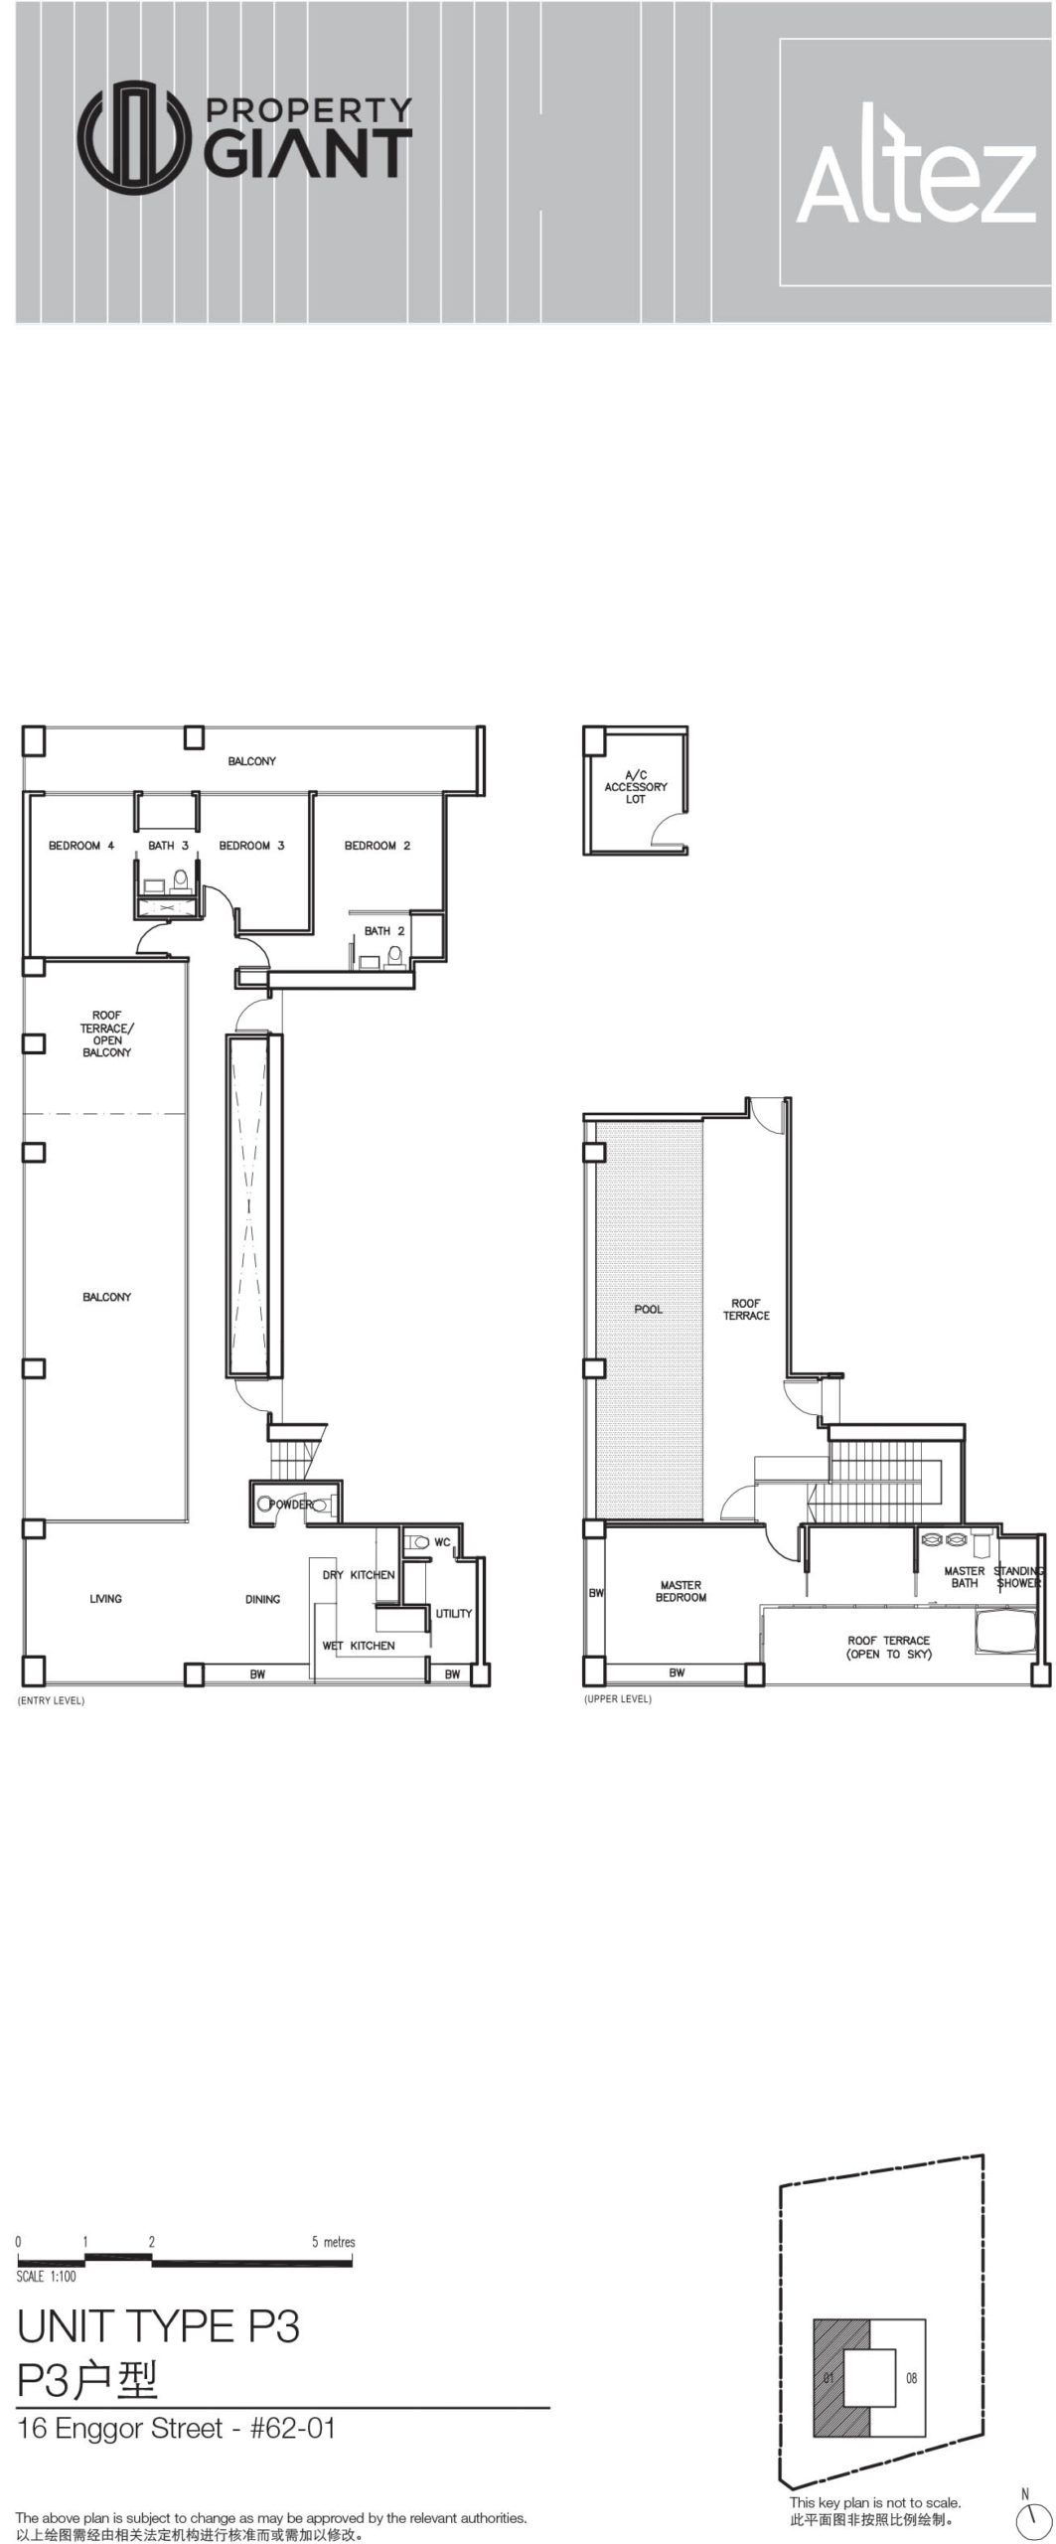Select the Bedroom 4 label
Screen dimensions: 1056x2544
pyautogui.click(x=81, y=846)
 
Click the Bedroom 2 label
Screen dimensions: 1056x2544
pyautogui.click(x=377, y=846)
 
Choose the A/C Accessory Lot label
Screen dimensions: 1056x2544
pyautogui.click(x=636, y=786)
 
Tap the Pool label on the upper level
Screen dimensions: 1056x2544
pyautogui.click(x=648, y=1309)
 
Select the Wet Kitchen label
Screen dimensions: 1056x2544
pyautogui.click(x=358, y=1646)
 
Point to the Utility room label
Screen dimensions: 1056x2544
pyautogui.click(x=454, y=1613)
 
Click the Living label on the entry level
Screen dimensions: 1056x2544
pyautogui.click(x=105, y=1599)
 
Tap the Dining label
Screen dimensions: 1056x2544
pyautogui.click(x=262, y=1599)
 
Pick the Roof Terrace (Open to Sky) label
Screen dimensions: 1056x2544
pyautogui.click(x=889, y=1647)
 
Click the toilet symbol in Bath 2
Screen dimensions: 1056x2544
pyautogui.click(x=395, y=956)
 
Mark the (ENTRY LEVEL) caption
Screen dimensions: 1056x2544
pyautogui.click(x=51, y=1700)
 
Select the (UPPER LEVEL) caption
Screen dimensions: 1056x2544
pyautogui.click(x=618, y=1698)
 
